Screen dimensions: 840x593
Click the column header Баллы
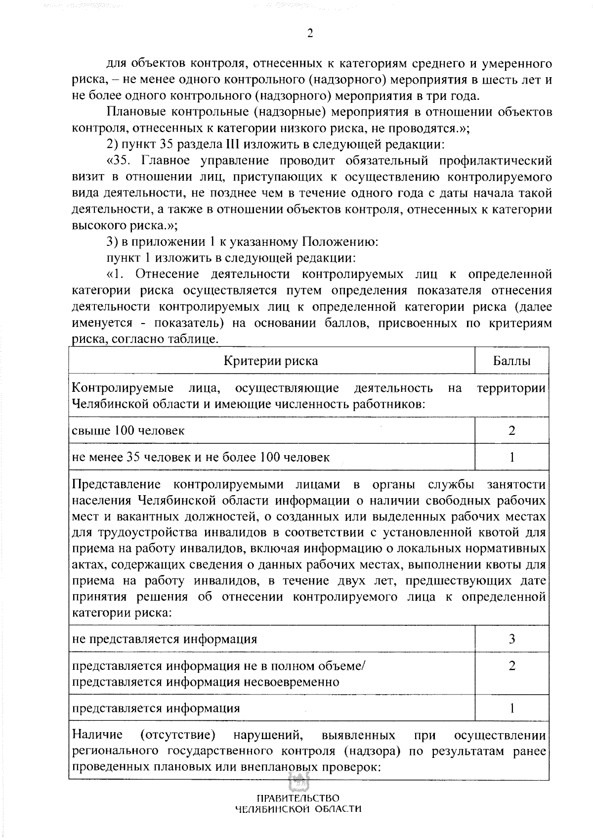coord(511,361)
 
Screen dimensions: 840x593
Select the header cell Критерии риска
coord(271,361)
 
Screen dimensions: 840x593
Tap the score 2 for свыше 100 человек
coord(511,430)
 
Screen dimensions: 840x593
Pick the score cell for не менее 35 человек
coord(511,457)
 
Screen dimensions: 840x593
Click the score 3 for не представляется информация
coord(511,639)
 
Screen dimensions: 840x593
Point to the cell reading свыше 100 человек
coord(128,430)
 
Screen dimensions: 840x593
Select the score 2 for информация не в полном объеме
coord(511,666)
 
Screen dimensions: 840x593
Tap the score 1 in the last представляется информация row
coord(511,708)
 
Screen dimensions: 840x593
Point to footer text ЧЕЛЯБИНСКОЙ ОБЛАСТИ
coord(297,810)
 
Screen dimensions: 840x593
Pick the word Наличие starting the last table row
coord(97,735)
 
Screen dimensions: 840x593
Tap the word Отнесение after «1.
coord(166,274)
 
